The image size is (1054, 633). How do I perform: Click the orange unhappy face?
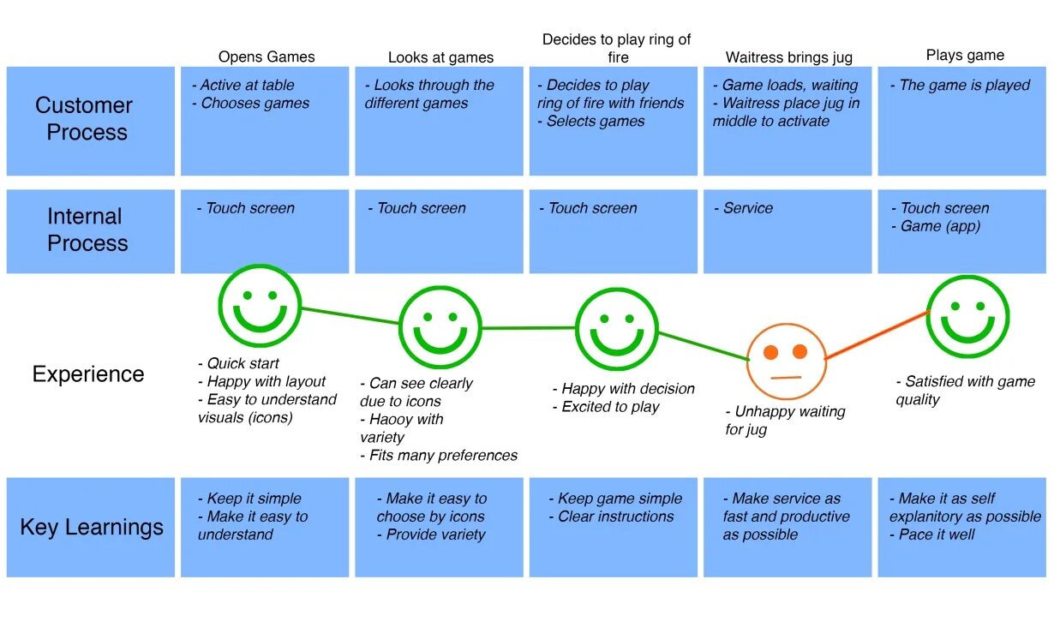tap(786, 361)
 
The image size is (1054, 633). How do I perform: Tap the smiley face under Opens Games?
tap(260, 306)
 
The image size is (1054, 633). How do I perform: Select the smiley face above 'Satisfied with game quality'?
tap(967, 316)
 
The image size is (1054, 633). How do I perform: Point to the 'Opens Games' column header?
tap(266, 57)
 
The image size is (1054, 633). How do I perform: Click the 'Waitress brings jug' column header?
tap(788, 58)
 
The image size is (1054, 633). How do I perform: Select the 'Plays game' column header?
tap(965, 55)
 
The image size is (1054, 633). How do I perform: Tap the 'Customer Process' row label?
tap(85, 119)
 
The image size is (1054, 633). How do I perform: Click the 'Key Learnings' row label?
tap(92, 527)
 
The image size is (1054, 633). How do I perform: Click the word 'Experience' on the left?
tap(88, 374)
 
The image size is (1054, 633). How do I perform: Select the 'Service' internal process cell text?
tap(747, 208)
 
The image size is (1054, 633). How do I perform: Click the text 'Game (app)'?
tap(940, 226)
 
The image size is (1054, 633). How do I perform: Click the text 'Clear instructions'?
tap(615, 517)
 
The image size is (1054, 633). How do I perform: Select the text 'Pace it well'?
tap(937, 534)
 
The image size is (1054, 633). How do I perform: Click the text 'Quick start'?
tap(243, 363)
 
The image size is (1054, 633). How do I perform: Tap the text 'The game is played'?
tap(964, 86)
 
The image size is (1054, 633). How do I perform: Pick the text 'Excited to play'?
tap(610, 407)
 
